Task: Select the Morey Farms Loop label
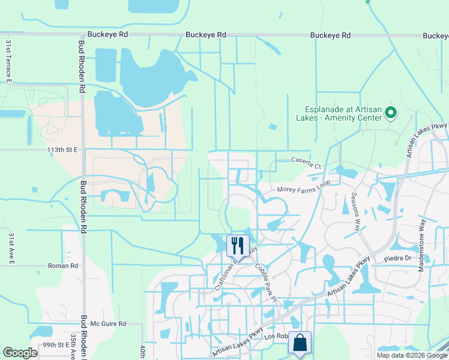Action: coord(304,190)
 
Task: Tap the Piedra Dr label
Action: coord(397,259)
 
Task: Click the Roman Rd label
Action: coord(63,265)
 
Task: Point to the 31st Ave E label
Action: coord(10,249)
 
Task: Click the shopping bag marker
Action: coord(300,343)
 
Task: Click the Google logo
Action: coord(20,353)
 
